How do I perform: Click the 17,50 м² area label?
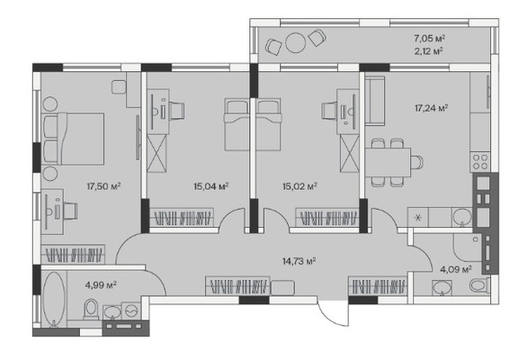[103, 186]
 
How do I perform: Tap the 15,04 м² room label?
[211, 186]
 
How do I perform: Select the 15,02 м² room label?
[300, 186]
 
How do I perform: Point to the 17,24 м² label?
[432, 108]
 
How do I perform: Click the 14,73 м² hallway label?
[299, 261]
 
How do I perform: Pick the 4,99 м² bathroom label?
[101, 284]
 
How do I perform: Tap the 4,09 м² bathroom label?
[456, 270]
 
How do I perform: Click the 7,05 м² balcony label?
[429, 39]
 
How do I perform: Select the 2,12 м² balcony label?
[429, 51]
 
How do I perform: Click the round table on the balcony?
[296, 42]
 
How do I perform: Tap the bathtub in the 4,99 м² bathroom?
[54, 300]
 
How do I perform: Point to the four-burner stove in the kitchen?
[480, 162]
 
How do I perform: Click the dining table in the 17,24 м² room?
[388, 162]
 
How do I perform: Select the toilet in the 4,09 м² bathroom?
[479, 285]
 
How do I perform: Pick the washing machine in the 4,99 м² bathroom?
[131, 310]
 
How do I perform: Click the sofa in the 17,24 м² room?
[375, 101]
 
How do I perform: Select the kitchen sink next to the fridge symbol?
[462, 217]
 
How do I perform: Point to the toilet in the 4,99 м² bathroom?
[91, 309]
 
